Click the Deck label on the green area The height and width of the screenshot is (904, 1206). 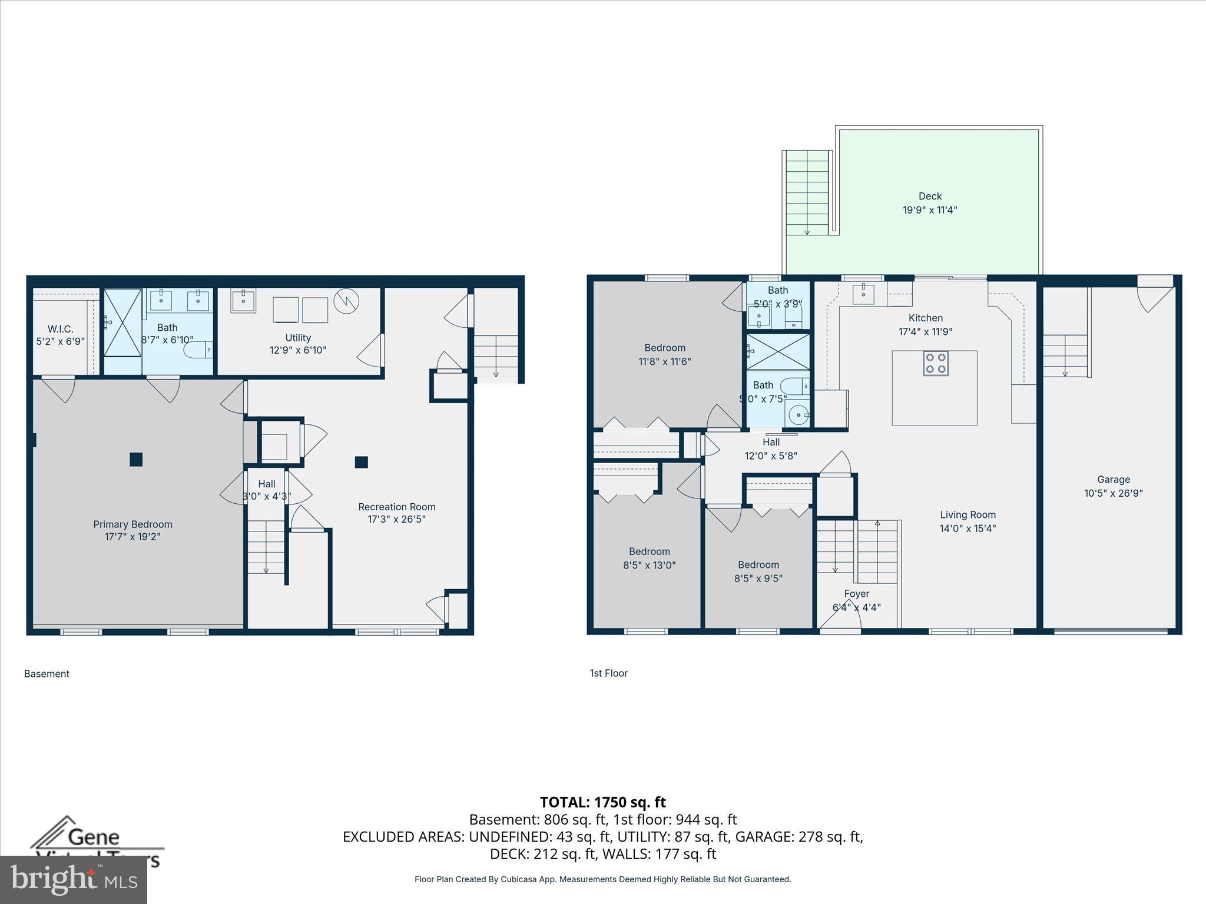[930, 196]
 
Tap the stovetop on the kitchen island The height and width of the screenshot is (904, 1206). [935, 363]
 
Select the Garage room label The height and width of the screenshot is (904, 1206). [1113, 480]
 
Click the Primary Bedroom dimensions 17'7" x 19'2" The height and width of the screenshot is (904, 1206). [132, 537]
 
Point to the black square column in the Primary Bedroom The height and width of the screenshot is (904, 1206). [136, 459]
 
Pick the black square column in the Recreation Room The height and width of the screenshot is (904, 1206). [362, 462]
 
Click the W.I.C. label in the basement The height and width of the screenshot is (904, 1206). [60, 329]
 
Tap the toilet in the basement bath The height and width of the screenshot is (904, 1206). [198, 351]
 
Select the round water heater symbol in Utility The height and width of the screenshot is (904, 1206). [346, 301]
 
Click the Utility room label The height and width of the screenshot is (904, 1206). [298, 338]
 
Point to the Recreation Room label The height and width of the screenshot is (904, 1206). [397, 507]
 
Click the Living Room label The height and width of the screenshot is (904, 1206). [968, 515]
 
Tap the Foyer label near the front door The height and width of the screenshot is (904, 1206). [856, 594]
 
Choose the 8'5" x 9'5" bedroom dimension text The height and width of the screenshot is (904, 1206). [758, 579]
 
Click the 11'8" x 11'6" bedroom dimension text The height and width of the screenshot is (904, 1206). [664, 361]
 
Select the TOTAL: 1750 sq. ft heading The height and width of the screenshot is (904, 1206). [602, 802]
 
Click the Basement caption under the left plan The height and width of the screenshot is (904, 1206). [47, 674]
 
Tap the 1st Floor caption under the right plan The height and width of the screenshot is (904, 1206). [608, 673]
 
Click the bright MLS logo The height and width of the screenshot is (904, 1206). [74, 880]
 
